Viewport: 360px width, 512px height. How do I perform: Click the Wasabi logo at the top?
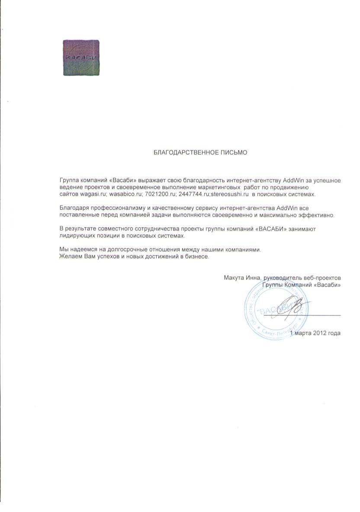pyautogui.click(x=81, y=58)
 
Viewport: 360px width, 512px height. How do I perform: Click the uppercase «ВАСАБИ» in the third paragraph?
pyautogui.click(x=272, y=229)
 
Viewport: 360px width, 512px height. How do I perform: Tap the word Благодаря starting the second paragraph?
pyautogui.click(x=73, y=208)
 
